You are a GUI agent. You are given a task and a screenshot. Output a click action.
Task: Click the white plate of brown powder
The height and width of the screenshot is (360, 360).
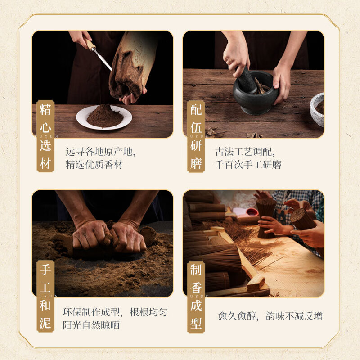[104, 117]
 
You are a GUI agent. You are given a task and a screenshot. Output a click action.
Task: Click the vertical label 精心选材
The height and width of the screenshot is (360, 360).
[45, 136]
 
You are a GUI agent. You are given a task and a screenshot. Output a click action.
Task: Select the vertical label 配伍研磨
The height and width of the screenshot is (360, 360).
[196, 136]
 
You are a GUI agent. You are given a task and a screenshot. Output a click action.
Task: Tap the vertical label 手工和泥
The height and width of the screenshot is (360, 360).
[45, 296]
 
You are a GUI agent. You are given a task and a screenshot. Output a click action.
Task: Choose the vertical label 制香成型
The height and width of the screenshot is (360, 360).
[196, 297]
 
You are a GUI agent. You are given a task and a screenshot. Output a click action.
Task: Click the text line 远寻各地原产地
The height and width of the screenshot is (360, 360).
[100, 152]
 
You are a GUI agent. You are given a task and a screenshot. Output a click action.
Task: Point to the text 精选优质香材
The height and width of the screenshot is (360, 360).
[94, 165]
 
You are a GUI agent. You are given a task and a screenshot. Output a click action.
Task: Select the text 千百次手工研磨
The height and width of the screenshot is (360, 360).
[248, 165]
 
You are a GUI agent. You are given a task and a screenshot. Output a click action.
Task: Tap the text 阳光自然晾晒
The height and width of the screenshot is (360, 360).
[91, 325]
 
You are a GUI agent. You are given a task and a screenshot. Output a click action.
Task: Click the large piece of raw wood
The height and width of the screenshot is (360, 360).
[132, 63]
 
